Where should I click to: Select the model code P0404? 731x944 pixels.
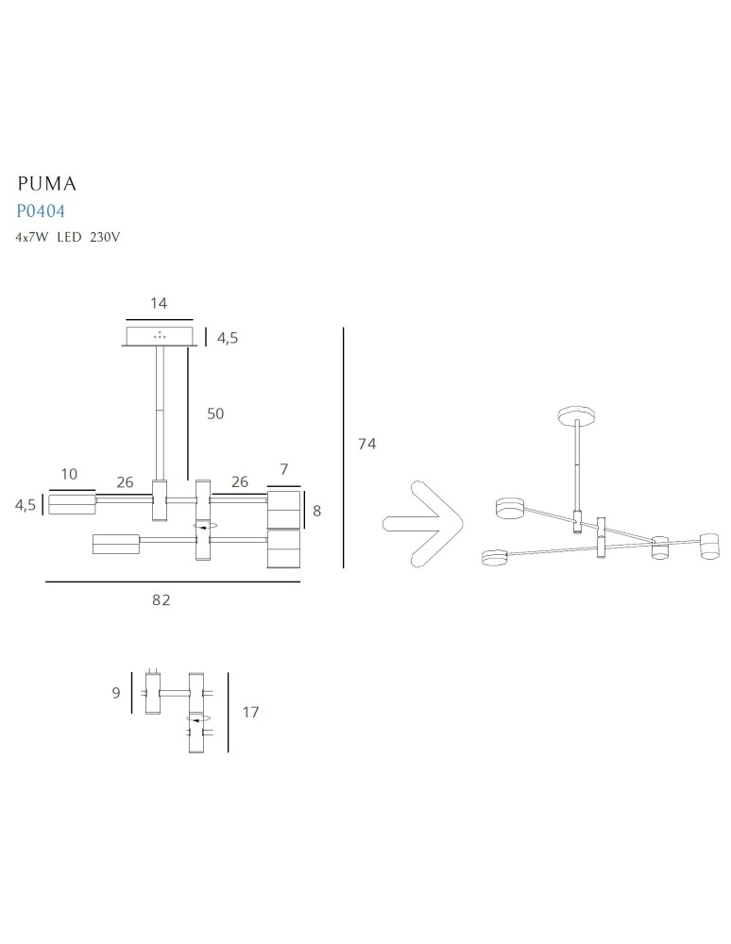coord(41,211)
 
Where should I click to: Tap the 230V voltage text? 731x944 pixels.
coord(105,237)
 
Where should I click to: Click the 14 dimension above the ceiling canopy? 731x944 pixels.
coord(159,303)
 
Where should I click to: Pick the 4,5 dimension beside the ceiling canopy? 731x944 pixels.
coord(227,337)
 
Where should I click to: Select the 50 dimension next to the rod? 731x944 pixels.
coord(215,413)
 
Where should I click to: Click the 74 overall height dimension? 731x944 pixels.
coord(366,444)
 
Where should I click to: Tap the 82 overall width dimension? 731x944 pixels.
coord(161,599)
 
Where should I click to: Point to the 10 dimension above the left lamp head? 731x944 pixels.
coord(68,474)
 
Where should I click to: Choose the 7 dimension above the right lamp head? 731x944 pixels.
coord(283,469)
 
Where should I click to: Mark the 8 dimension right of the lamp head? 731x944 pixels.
coord(316,511)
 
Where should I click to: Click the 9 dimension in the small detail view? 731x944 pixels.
coord(115,693)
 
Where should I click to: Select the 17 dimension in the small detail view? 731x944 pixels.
coord(250,713)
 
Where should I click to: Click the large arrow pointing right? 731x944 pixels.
coord(421,527)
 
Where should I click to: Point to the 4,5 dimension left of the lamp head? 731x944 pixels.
coord(25,505)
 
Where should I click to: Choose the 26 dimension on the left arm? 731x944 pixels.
coord(125,482)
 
